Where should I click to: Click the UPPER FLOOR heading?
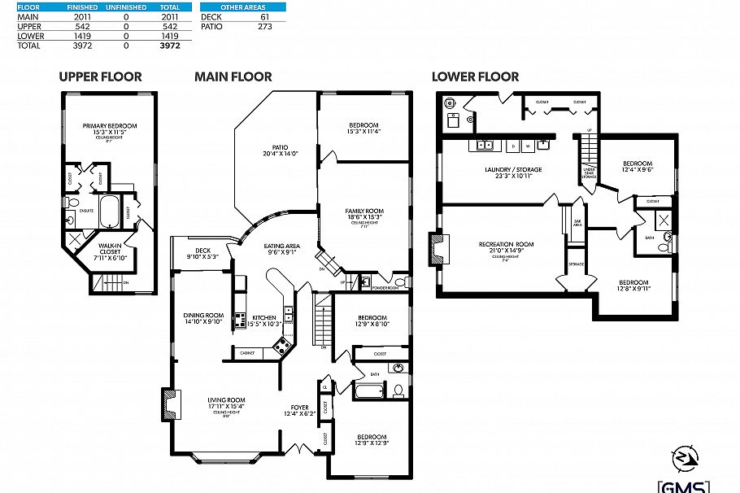click(100, 77)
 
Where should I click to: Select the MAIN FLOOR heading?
click(233, 77)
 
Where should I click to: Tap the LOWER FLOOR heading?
click(475, 77)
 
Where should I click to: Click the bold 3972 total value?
click(169, 46)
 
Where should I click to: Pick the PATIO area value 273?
click(264, 26)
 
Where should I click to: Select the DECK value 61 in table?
click(264, 16)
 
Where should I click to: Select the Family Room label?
click(363, 214)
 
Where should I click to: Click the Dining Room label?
click(202, 318)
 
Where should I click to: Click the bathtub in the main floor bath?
click(370, 392)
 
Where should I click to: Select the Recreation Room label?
click(505, 247)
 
